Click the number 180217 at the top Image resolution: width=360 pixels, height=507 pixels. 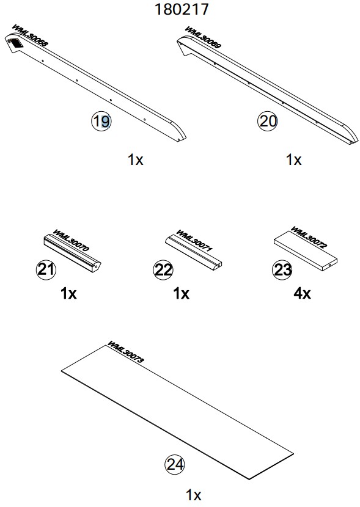(182, 9)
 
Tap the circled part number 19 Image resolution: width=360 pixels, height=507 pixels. (101, 122)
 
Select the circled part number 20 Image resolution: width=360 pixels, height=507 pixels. (268, 122)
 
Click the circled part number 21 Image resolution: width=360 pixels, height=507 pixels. (46, 269)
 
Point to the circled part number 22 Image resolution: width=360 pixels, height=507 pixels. (163, 269)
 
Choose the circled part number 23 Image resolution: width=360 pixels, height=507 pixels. (282, 269)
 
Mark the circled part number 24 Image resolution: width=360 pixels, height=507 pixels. (175, 464)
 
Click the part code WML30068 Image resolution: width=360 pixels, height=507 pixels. (30, 35)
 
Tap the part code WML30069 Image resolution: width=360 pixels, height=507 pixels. (203, 37)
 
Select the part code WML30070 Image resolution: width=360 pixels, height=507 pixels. (70, 241)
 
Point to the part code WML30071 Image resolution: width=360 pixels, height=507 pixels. (194, 241)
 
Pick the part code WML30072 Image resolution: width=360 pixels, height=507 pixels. (309, 238)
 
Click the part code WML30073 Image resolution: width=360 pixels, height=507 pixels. (125, 352)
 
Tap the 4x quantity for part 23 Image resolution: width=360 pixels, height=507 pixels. (302, 293)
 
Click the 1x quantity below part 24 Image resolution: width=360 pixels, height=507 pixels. (193, 495)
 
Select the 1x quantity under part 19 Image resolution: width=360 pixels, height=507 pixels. (135, 159)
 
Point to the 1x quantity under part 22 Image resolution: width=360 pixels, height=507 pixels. (181, 293)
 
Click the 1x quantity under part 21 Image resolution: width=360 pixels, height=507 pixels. (68, 293)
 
